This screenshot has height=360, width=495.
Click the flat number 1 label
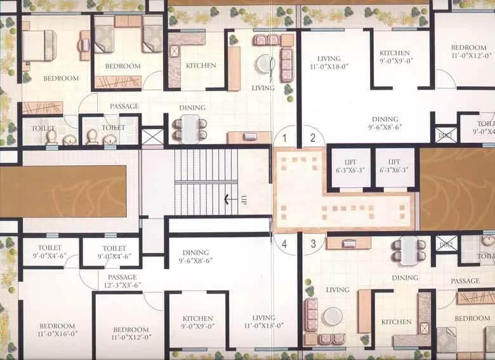coord(285,137)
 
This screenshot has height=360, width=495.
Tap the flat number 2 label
coord(312,137)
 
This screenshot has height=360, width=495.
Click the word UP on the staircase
coord(242,201)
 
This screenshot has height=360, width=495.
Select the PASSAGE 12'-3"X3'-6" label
coord(122,281)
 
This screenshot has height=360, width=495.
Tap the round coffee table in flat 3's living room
coord(333,316)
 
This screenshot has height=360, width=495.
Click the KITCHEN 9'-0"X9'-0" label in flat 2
coord(395,57)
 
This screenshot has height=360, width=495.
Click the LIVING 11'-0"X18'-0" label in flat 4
coord(263,322)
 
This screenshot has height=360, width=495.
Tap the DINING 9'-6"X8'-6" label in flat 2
coord(385,123)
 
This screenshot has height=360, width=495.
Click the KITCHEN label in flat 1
coord(201,65)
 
